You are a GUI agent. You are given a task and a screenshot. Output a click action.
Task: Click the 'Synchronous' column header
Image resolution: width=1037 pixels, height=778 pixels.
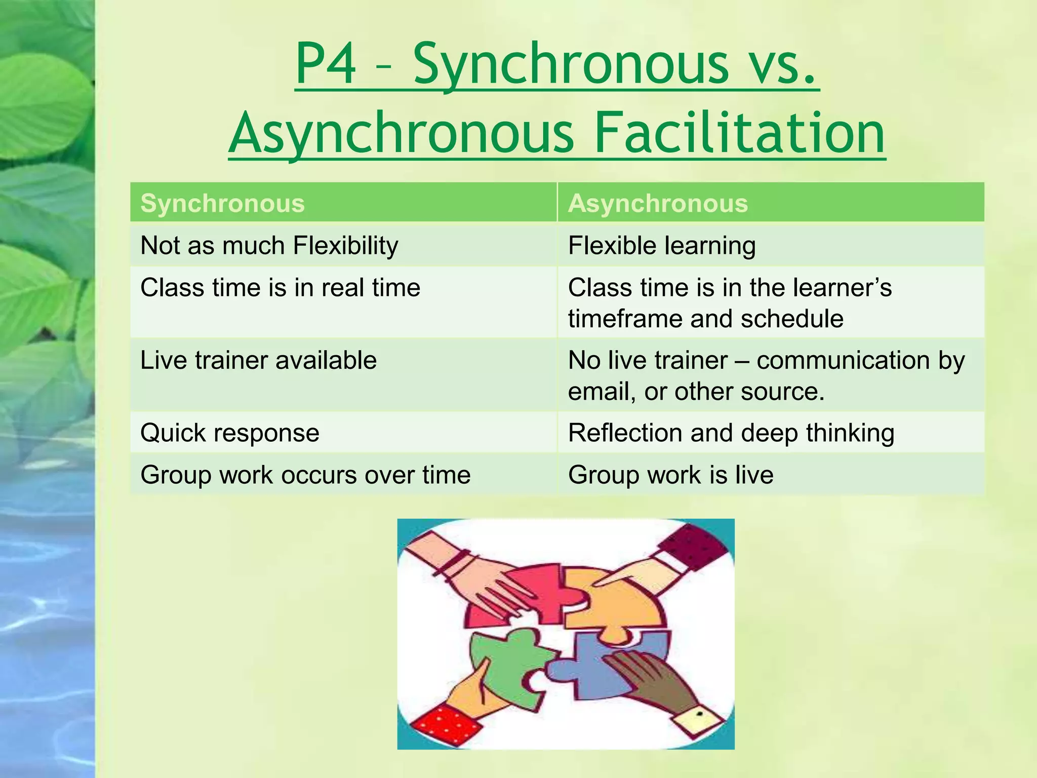coord(222,204)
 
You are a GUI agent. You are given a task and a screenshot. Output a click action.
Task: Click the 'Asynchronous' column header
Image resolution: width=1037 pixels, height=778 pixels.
coord(658,204)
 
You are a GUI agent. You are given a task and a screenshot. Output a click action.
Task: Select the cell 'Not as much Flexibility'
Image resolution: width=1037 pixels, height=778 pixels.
coord(269,246)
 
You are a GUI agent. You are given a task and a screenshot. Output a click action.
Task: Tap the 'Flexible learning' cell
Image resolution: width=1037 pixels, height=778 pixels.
coord(662,246)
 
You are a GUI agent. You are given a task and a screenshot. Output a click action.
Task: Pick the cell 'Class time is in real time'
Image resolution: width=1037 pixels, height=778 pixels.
coord(280,288)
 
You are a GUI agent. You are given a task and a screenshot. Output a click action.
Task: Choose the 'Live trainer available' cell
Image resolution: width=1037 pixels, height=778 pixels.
coord(258,361)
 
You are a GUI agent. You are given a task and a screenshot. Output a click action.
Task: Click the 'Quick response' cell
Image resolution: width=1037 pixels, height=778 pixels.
coord(230,433)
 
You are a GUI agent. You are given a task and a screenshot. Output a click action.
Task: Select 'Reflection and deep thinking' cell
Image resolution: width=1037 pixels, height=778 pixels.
coord(731,433)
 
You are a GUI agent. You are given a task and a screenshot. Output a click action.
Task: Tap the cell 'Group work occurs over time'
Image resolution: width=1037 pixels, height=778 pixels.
coord(305,475)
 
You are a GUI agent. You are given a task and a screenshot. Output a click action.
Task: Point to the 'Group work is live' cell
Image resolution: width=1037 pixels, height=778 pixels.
coord(670,475)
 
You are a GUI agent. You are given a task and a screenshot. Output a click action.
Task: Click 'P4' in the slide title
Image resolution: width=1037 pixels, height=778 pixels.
coord(326,65)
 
